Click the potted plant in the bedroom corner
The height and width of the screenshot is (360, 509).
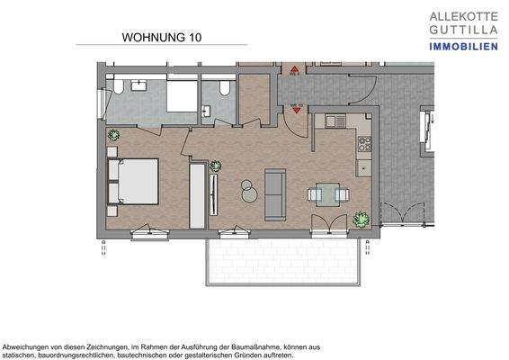click(113, 135)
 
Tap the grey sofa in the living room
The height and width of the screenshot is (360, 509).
click(274, 193)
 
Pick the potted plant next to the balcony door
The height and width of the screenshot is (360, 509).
click(361, 218)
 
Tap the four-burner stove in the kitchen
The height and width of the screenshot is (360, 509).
click(365, 143)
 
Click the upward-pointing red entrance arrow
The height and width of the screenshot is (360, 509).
click(294, 68)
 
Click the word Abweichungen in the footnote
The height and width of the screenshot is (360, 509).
click(30, 346)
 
